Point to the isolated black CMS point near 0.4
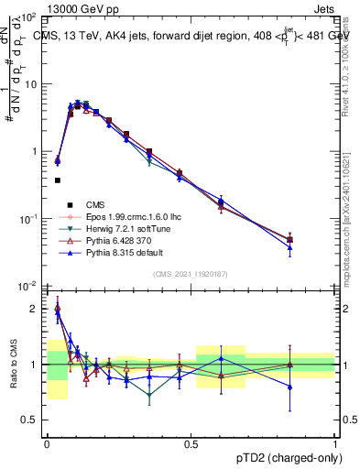click(58, 180)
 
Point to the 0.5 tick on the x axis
click(191, 443)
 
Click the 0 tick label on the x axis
click(47, 443)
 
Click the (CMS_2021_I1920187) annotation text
click(191, 274)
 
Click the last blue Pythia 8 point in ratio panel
click(289, 387)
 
